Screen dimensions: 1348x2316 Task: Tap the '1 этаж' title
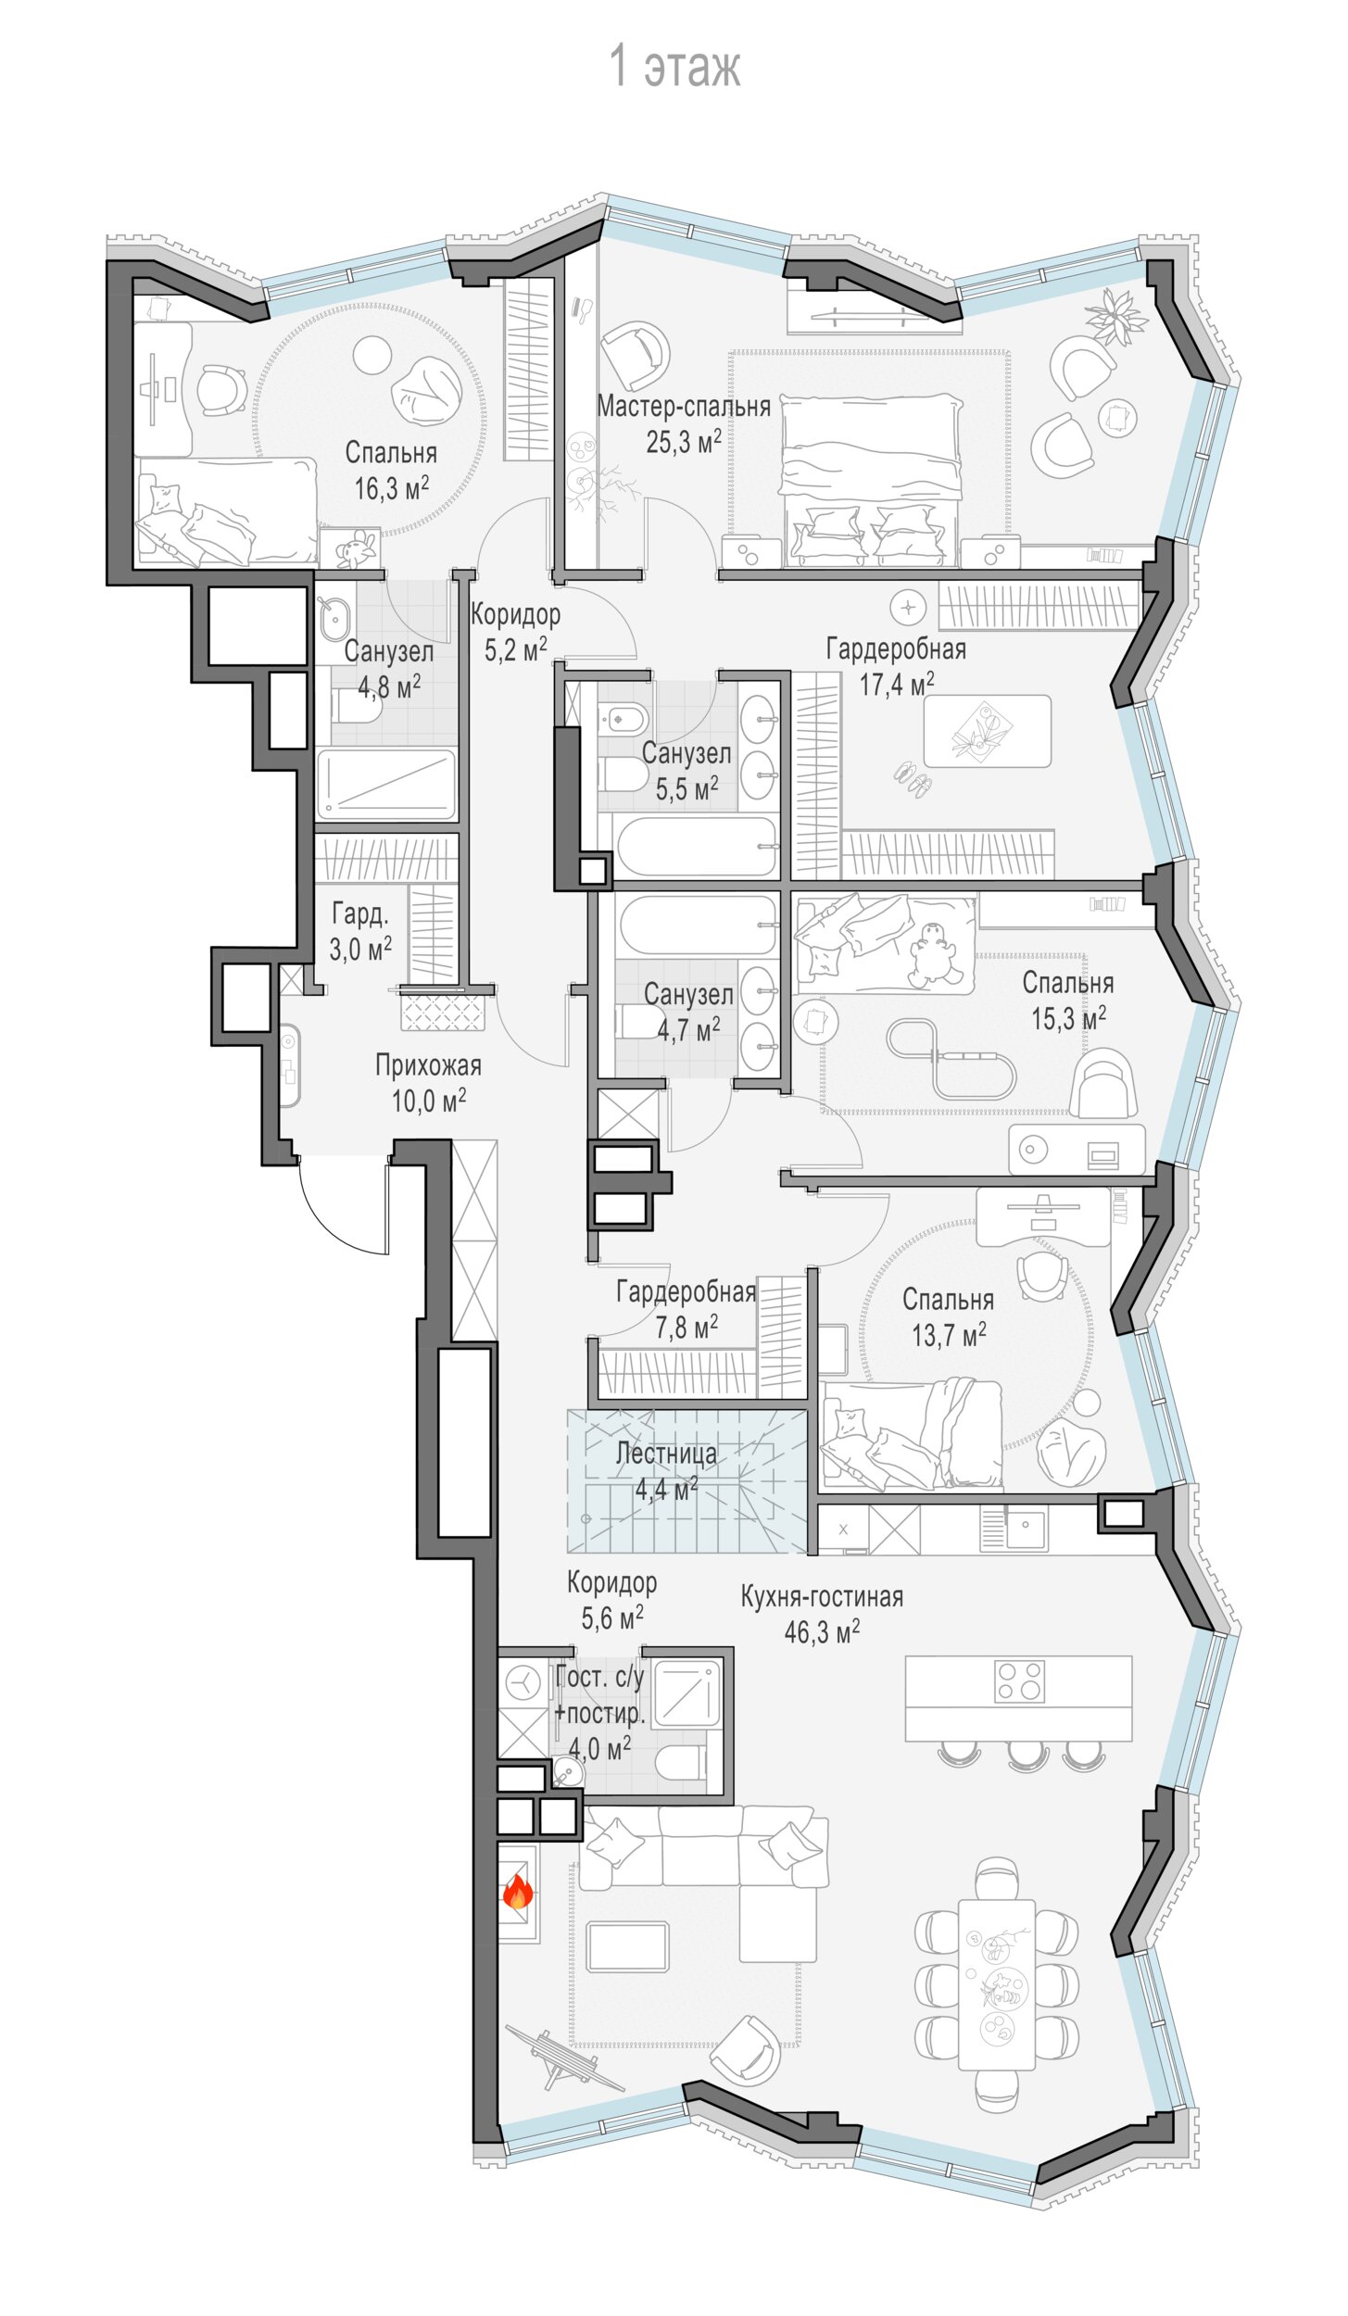coord(674,67)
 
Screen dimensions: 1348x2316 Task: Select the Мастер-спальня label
coord(684,406)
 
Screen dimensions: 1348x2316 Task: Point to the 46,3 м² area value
coord(822,1631)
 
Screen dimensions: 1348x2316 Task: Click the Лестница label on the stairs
coord(666,1454)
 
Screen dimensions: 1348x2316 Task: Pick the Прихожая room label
coord(428,1065)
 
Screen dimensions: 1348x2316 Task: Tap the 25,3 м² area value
coord(684,442)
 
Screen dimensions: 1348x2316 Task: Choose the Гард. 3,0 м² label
coord(360,931)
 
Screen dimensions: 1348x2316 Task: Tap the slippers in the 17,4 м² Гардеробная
coord(910,779)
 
